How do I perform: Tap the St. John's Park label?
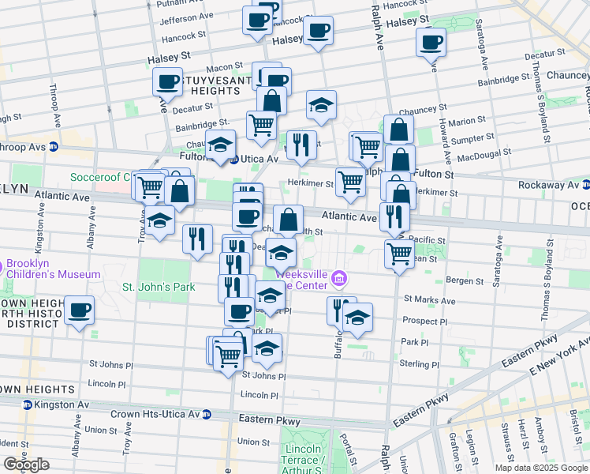pyautogui.click(x=158, y=287)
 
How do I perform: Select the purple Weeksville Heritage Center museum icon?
pyautogui.click(x=340, y=277)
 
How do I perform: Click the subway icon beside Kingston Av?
pyautogui.click(x=28, y=404)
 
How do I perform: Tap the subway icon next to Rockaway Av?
pyautogui.click(x=584, y=185)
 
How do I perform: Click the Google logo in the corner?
pyautogui.click(x=26, y=465)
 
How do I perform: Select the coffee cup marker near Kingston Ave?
pyautogui.click(x=79, y=310)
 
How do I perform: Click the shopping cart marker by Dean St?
pyautogui.click(x=399, y=254)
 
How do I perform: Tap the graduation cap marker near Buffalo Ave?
pyautogui.click(x=358, y=318)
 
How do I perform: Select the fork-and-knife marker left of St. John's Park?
pyautogui.click(x=197, y=239)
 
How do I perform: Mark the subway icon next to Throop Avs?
pyautogui.click(x=54, y=146)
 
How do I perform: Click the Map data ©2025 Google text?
pyautogui.click(x=542, y=468)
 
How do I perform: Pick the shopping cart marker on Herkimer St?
pyautogui.click(x=350, y=182)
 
